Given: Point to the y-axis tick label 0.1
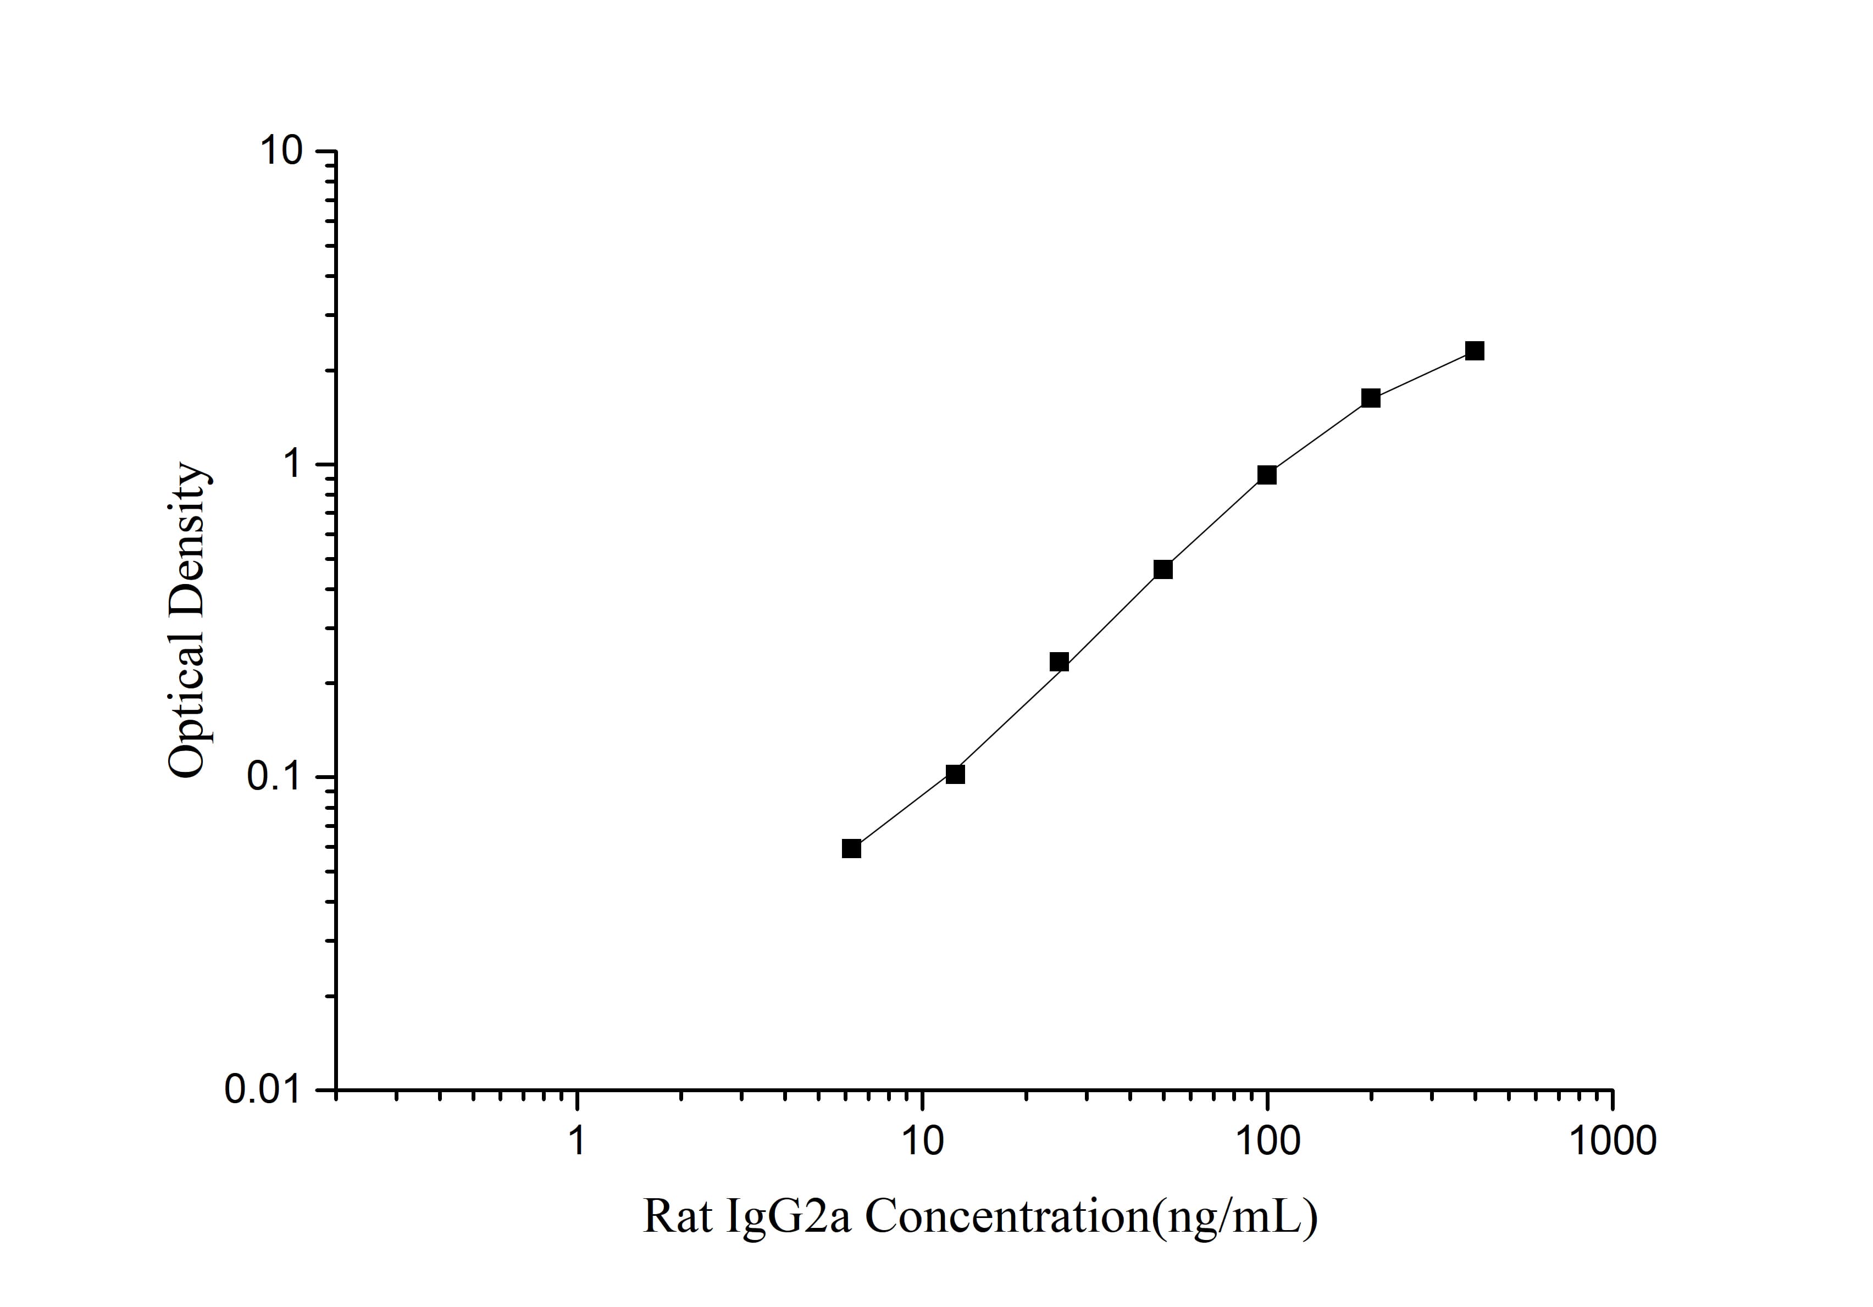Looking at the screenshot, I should tap(275, 777).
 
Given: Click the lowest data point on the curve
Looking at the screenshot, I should tap(851, 849).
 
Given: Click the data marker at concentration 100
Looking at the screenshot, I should tap(1267, 475).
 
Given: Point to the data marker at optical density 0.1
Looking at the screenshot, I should tap(955, 774).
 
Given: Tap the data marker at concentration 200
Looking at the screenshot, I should tap(1371, 398).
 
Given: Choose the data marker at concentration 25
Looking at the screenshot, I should tap(1059, 661).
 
